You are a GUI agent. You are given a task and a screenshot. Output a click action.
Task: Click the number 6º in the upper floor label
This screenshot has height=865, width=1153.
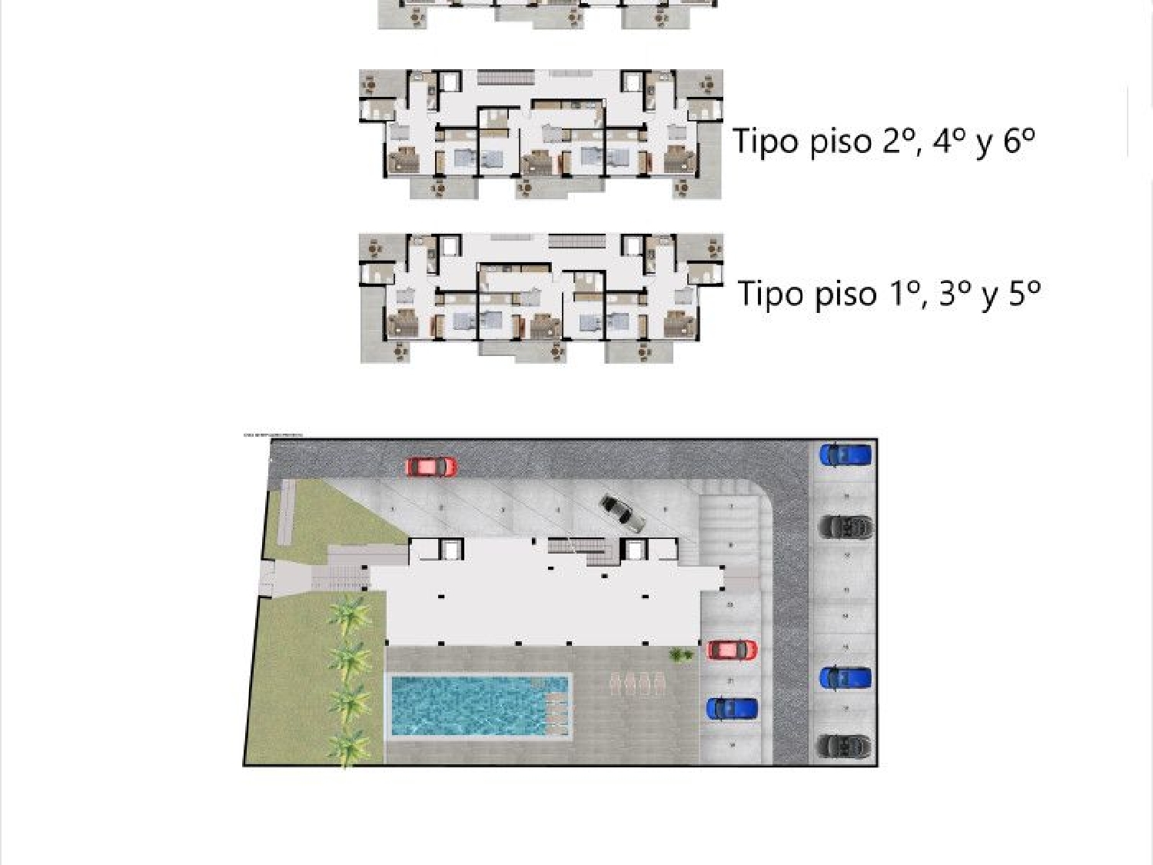(x=1019, y=141)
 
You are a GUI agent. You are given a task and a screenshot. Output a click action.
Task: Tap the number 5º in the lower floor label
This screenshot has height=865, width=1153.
(x=1025, y=294)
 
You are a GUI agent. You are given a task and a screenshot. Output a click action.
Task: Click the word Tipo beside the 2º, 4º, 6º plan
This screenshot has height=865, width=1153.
(x=764, y=141)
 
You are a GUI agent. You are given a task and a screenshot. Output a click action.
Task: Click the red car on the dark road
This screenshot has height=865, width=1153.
(x=431, y=466)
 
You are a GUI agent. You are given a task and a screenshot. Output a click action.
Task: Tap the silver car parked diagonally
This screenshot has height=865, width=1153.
(x=622, y=513)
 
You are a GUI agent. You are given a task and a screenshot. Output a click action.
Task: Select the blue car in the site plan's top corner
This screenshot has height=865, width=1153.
(x=845, y=455)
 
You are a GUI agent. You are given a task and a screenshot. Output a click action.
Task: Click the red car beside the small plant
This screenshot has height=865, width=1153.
(x=731, y=650)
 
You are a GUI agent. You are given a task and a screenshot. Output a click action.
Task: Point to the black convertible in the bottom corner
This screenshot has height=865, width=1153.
(x=845, y=746)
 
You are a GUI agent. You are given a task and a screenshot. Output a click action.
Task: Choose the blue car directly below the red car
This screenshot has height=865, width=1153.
(x=732, y=708)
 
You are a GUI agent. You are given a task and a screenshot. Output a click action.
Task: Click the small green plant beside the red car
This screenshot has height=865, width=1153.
(x=678, y=654)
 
